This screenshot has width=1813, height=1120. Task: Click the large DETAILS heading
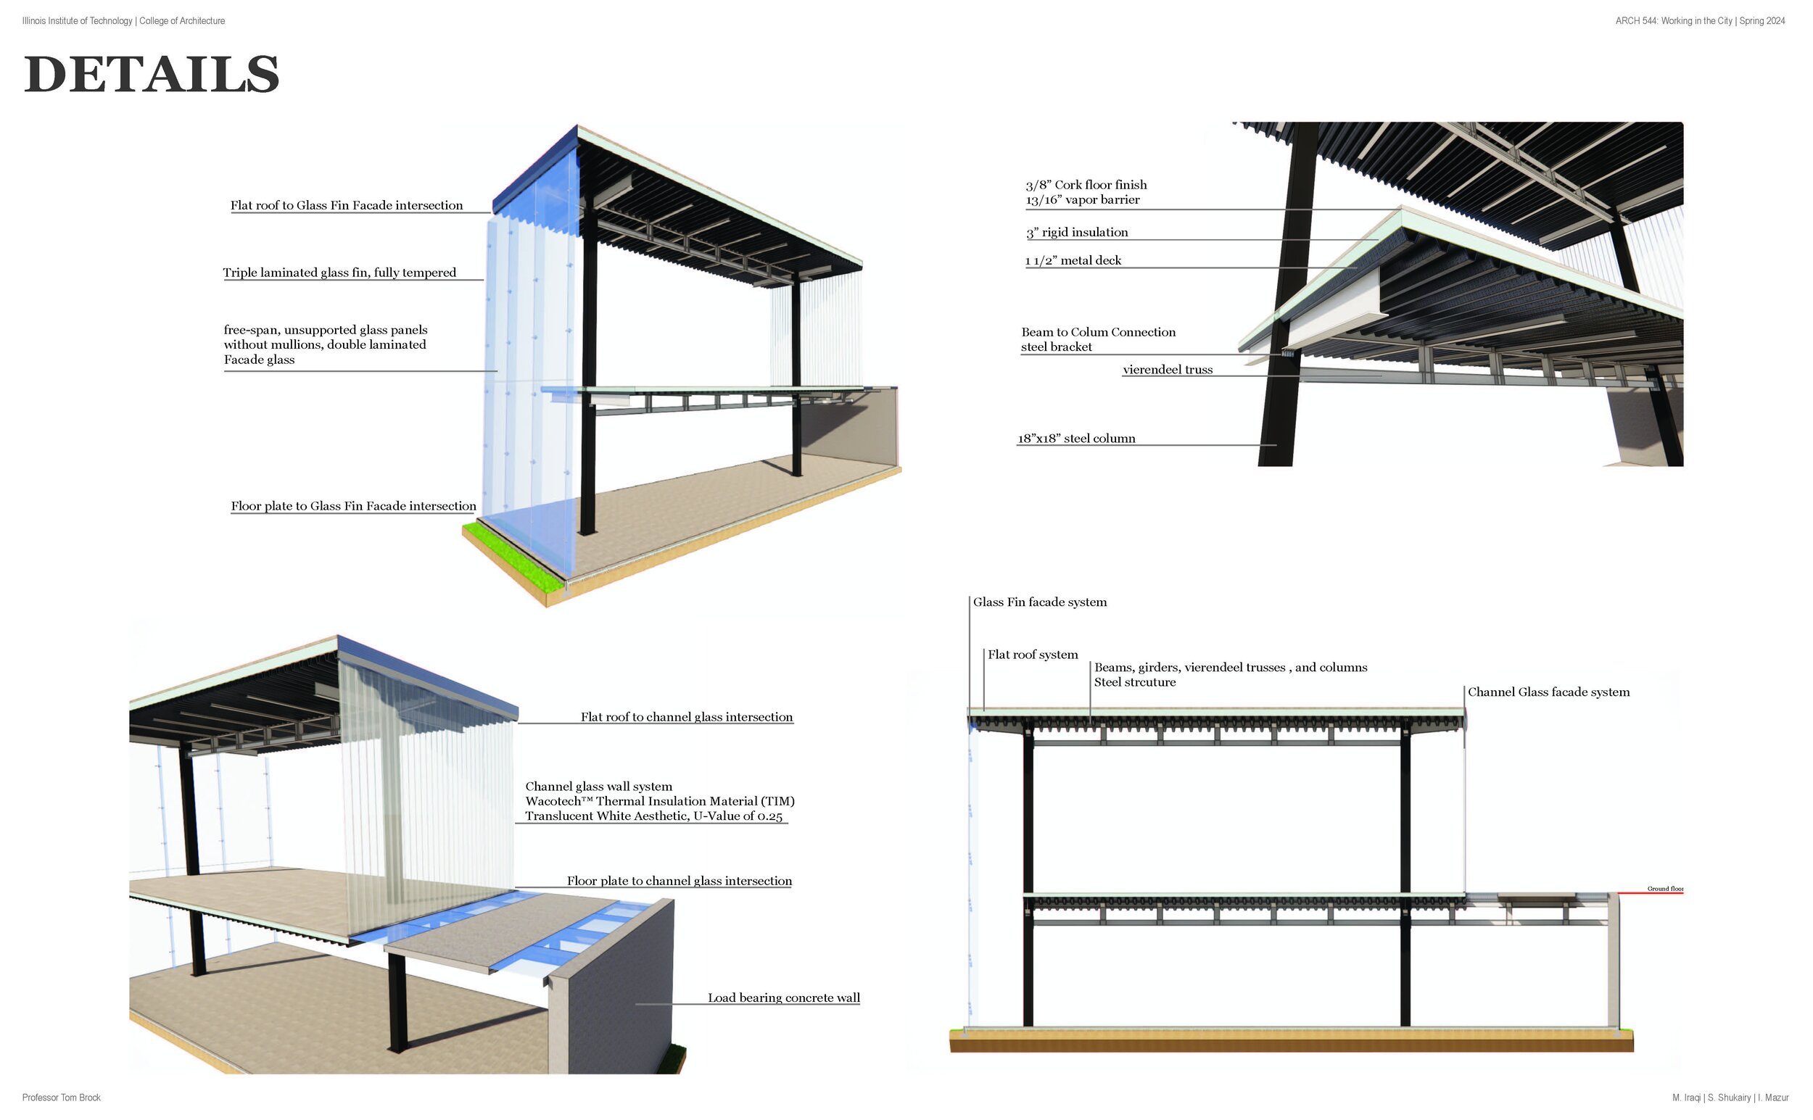[x=152, y=75]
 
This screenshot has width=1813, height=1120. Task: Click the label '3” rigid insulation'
[x=1076, y=233]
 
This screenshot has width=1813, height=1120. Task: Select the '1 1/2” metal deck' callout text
[x=1073, y=261]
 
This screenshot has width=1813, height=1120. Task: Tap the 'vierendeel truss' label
[x=1167, y=370]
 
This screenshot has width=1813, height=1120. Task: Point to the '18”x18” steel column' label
[x=1075, y=439]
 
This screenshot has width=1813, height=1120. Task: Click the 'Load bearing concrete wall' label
[x=783, y=997]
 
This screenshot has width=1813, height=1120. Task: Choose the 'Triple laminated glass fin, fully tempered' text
[x=339, y=273]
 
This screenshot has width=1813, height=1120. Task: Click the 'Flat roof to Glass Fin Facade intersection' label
[x=346, y=205]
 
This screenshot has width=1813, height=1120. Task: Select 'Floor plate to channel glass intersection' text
[x=679, y=881]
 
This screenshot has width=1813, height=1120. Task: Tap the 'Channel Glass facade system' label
[x=1548, y=692]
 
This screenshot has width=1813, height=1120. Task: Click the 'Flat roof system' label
[x=1032, y=655]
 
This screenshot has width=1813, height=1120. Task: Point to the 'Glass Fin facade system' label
[x=1039, y=602]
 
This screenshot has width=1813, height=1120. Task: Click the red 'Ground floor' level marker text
[x=1665, y=889]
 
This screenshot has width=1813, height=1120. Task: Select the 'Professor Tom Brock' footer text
[x=62, y=1098]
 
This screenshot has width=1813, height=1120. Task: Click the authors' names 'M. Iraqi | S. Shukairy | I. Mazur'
[x=1730, y=1098]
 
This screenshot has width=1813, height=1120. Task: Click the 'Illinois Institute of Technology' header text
[x=78, y=21]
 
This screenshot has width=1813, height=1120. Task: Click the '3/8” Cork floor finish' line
[x=1086, y=185]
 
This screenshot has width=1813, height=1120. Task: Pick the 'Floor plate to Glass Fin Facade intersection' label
[x=353, y=506]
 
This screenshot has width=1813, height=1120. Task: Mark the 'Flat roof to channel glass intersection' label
[x=686, y=717]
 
